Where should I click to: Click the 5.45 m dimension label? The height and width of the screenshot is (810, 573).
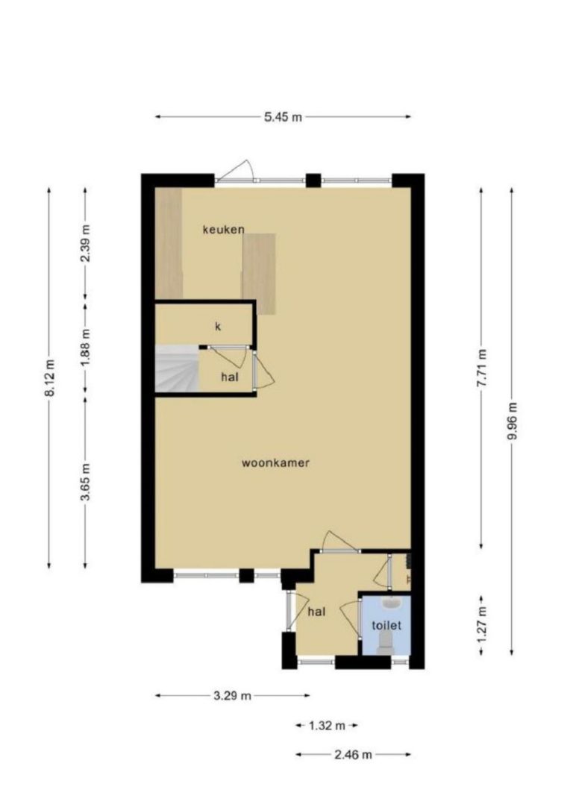(x=283, y=117)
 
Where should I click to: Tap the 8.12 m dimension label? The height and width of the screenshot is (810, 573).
(x=49, y=377)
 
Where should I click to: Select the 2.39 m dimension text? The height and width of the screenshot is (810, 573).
(x=86, y=243)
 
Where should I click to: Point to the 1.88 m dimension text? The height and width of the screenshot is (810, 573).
(x=86, y=348)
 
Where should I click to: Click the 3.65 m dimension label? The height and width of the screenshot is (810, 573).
(x=86, y=482)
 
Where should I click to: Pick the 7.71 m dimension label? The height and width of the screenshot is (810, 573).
(x=481, y=368)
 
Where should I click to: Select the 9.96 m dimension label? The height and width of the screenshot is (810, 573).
(x=512, y=421)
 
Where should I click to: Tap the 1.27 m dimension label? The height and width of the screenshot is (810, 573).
(x=481, y=624)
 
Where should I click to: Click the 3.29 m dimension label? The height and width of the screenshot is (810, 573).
(x=232, y=695)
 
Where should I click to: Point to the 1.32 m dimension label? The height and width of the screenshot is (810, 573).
(x=327, y=726)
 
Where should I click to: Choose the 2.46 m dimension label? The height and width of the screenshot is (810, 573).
(x=353, y=754)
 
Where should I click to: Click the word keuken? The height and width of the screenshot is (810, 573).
(x=223, y=230)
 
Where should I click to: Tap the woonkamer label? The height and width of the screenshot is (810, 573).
(x=275, y=462)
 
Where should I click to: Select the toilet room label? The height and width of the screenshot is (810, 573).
(x=386, y=625)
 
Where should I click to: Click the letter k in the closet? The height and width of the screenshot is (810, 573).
(x=218, y=327)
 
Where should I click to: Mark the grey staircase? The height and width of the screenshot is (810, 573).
(x=177, y=368)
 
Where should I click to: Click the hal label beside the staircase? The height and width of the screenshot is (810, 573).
(x=230, y=377)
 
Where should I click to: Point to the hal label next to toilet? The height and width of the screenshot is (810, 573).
(x=316, y=612)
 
